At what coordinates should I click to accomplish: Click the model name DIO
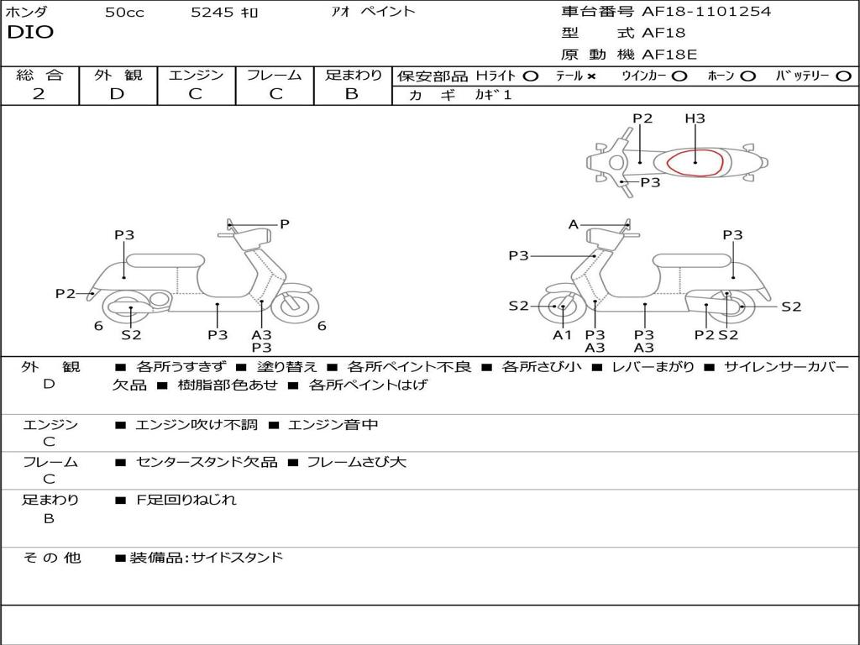coord(30,33)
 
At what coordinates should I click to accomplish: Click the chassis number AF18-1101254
coord(706,12)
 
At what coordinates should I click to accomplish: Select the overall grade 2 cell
coord(39,94)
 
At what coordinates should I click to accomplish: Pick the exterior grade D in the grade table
coord(118,94)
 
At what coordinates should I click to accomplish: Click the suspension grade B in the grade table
coord(352,94)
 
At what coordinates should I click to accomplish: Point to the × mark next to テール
coord(591,76)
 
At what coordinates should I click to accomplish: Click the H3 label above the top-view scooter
coord(695,118)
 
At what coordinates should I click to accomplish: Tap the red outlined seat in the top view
coord(695,162)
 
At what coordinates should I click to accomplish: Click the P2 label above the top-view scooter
coord(642,118)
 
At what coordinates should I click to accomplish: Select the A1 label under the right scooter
coord(562,335)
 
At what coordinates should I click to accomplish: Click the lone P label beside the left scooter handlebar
coord(285,224)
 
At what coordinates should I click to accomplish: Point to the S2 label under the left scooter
coord(131,335)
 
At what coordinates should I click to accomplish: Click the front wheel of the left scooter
coord(294,307)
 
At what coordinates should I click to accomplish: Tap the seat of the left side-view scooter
coord(165,260)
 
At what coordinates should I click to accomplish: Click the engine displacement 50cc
coord(124,13)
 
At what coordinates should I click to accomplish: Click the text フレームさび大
coord(356,462)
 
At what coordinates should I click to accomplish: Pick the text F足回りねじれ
coord(186,500)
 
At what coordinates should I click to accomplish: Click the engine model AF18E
coord(669,55)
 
